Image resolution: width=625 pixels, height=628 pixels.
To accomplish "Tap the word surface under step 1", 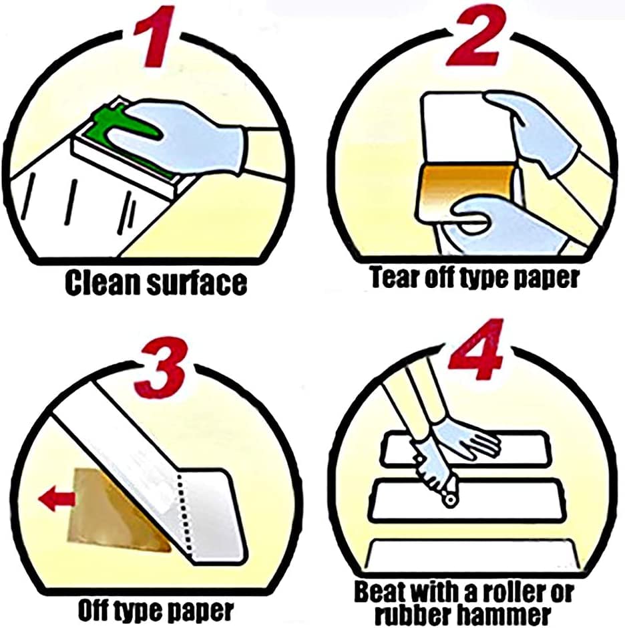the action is click(x=196, y=283).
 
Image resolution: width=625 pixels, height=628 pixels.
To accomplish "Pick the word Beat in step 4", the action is click(x=379, y=592).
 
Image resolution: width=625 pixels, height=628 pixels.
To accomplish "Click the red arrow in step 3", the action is click(x=57, y=498).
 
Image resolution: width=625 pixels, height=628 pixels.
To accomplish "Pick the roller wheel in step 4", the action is click(x=451, y=501).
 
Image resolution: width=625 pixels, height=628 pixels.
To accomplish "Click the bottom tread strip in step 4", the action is click(x=473, y=553).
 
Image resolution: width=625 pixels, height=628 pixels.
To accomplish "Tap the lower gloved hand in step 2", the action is click(x=509, y=224).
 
